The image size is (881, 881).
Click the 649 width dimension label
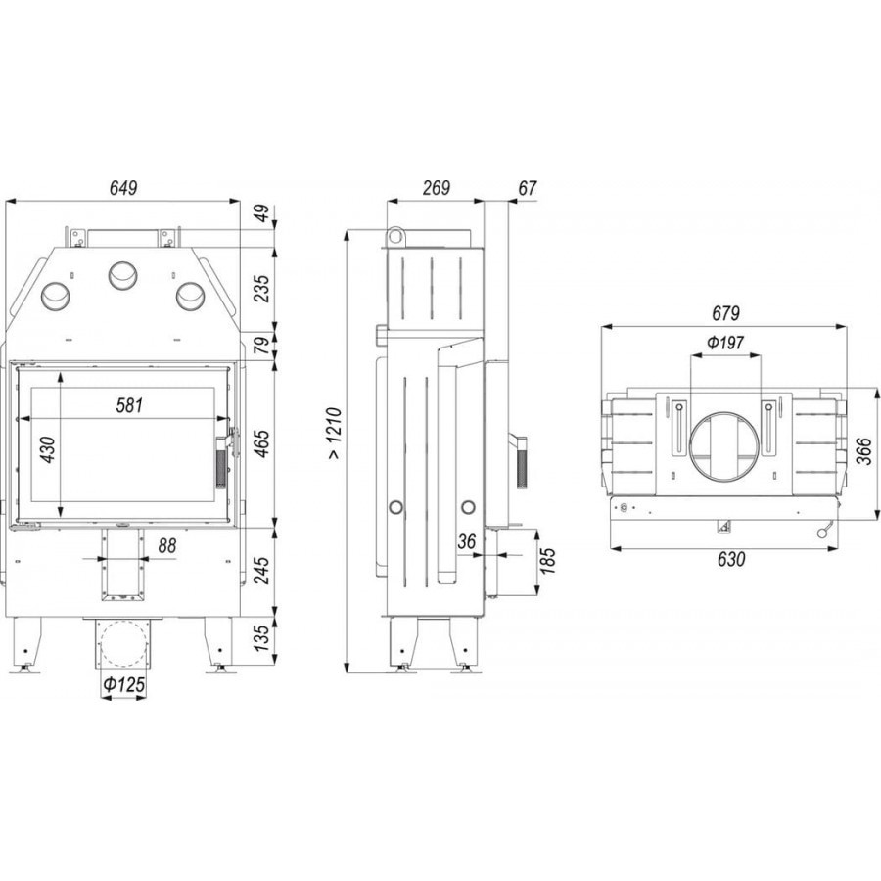point(123,188)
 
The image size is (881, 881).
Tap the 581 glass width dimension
point(129,405)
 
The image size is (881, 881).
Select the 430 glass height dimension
point(48,449)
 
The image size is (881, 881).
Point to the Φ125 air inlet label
point(123,685)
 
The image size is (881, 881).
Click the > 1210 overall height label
point(334,434)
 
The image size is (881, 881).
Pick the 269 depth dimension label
point(436,188)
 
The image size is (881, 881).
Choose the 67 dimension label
point(527,188)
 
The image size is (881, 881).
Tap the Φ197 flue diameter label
point(724,343)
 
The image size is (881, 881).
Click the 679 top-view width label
point(725,313)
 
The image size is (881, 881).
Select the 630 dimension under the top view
point(731,559)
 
